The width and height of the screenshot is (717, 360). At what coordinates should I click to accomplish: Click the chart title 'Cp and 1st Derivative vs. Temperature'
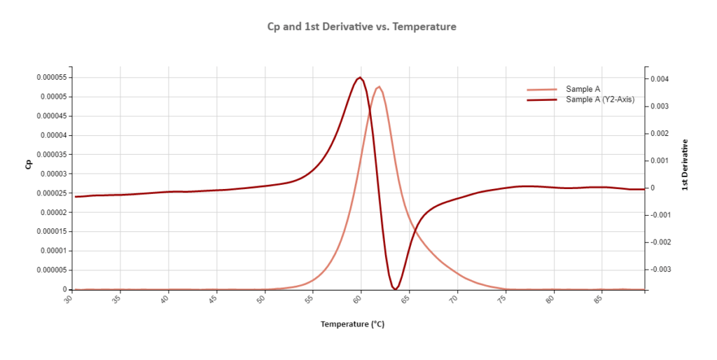pyautogui.click(x=362, y=27)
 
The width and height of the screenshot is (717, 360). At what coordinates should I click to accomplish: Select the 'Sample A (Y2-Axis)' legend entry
pyautogui.click(x=599, y=99)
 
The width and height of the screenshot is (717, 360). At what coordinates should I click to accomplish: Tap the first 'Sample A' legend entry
pyautogui.click(x=583, y=89)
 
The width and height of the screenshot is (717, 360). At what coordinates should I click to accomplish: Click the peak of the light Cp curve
pyautogui.click(x=379, y=87)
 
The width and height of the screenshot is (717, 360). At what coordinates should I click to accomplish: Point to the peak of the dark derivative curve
pyautogui.click(x=360, y=77)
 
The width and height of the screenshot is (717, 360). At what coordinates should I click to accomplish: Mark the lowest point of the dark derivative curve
pyautogui.click(x=396, y=289)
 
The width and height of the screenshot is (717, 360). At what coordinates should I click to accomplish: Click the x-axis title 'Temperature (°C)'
pyautogui.click(x=352, y=324)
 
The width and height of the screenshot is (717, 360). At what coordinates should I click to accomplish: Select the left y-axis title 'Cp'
pyautogui.click(x=29, y=165)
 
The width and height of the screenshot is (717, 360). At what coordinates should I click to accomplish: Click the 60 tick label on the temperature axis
pyautogui.click(x=358, y=300)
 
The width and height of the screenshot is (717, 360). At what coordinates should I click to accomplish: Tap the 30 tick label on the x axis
pyautogui.click(x=68, y=300)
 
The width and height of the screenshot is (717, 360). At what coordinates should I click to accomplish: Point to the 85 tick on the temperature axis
pyautogui.click(x=599, y=300)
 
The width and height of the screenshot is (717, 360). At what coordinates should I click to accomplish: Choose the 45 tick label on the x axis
pyautogui.click(x=213, y=300)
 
